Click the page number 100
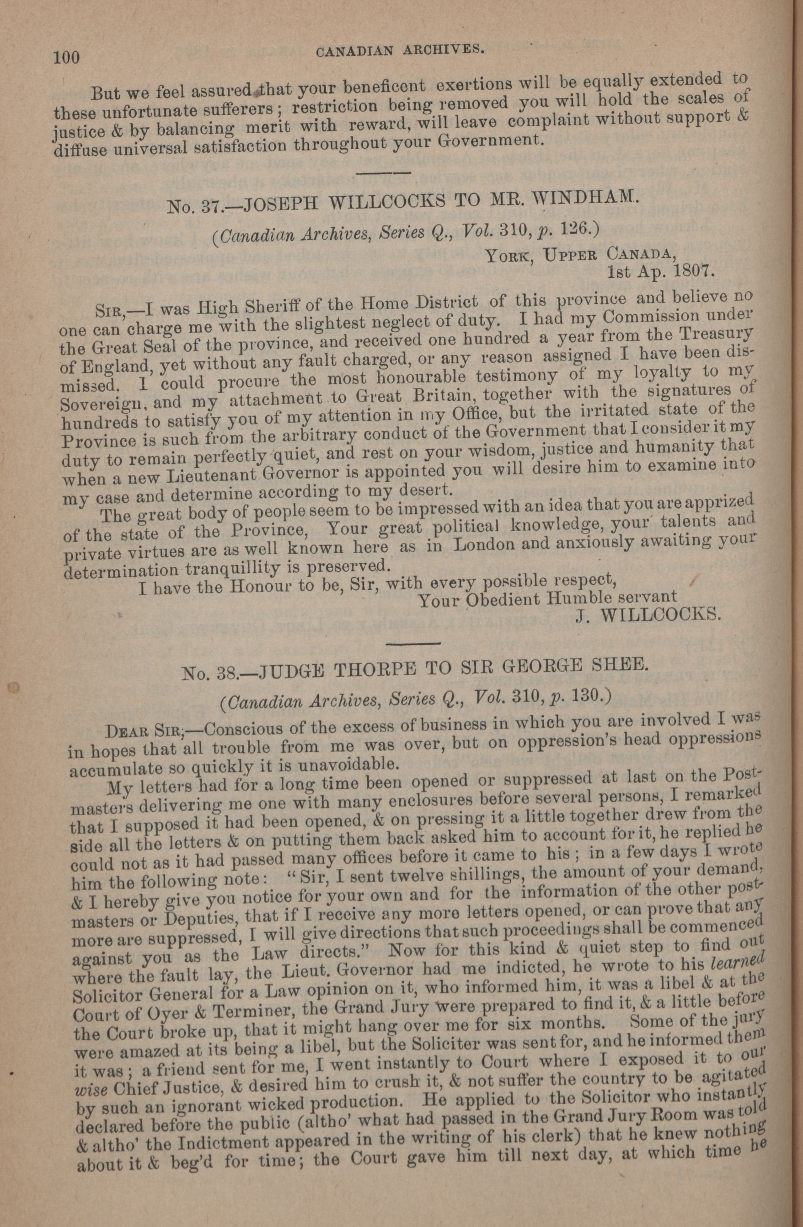click(x=66, y=57)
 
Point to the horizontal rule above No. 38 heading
click(x=412, y=643)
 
